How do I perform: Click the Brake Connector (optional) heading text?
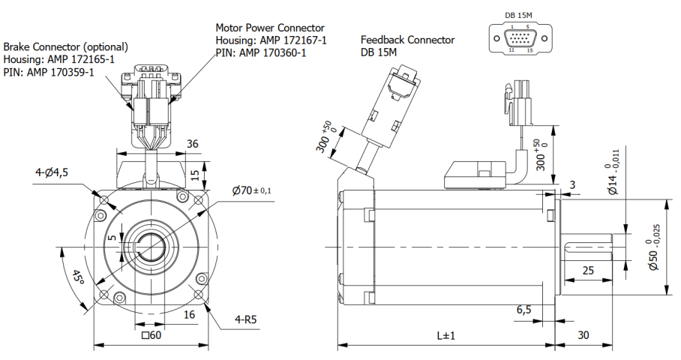(65, 46)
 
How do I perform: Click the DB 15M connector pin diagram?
(520, 37)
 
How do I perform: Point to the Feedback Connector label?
(407, 40)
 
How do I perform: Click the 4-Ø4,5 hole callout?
(51, 172)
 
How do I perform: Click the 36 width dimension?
(171, 144)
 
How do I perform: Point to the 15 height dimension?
(194, 174)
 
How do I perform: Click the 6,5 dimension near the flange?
(524, 309)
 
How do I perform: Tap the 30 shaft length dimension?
(583, 335)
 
